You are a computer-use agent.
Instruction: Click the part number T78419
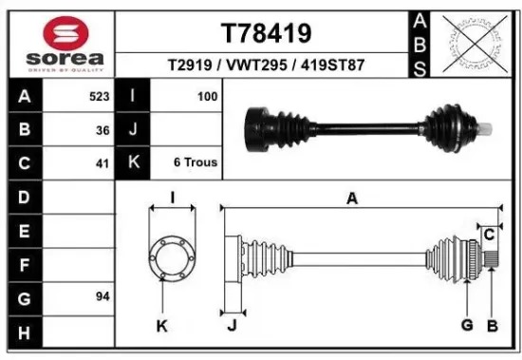266,34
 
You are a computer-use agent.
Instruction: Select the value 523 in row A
95,96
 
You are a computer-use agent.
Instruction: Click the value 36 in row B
102,129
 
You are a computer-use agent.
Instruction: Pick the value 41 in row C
102,162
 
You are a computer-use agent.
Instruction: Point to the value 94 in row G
102,296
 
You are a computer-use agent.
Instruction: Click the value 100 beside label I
207,96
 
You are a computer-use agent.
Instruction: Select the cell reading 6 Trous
195,162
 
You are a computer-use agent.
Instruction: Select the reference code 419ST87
331,66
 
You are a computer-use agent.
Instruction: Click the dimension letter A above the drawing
352,199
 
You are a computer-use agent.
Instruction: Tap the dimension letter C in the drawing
489,233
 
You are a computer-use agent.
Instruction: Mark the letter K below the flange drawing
161,326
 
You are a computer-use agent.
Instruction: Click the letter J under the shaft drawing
232,326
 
